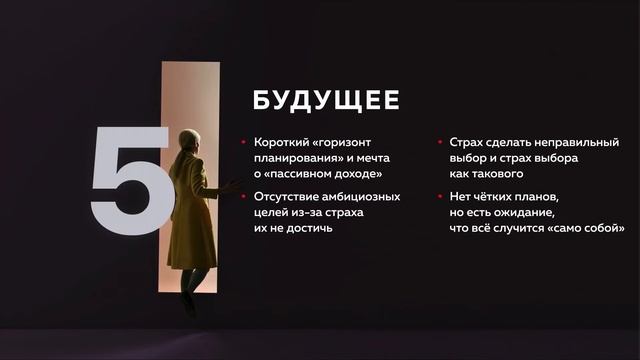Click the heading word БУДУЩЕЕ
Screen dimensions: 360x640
pyautogui.click(x=325, y=101)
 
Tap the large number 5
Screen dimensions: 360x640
pyautogui.click(x=130, y=181)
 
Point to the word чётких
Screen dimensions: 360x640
pyautogui.click(x=501, y=196)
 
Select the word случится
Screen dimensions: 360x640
pyautogui.click(x=533, y=228)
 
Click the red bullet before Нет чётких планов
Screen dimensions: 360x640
pyautogui.click(x=441, y=196)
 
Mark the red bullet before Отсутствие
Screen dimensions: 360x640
pyautogui.click(x=245, y=196)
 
